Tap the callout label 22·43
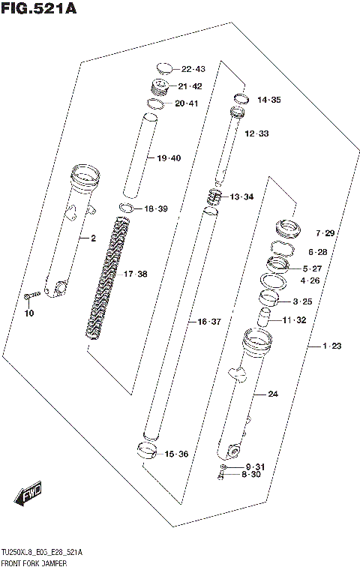(x=193, y=69)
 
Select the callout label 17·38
(x=135, y=274)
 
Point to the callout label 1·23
(x=331, y=346)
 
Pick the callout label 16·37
(x=209, y=322)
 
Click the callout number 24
(x=272, y=394)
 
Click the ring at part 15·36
(x=146, y=451)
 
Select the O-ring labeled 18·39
(x=126, y=208)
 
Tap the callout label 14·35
(x=268, y=100)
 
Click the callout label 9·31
(x=255, y=467)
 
